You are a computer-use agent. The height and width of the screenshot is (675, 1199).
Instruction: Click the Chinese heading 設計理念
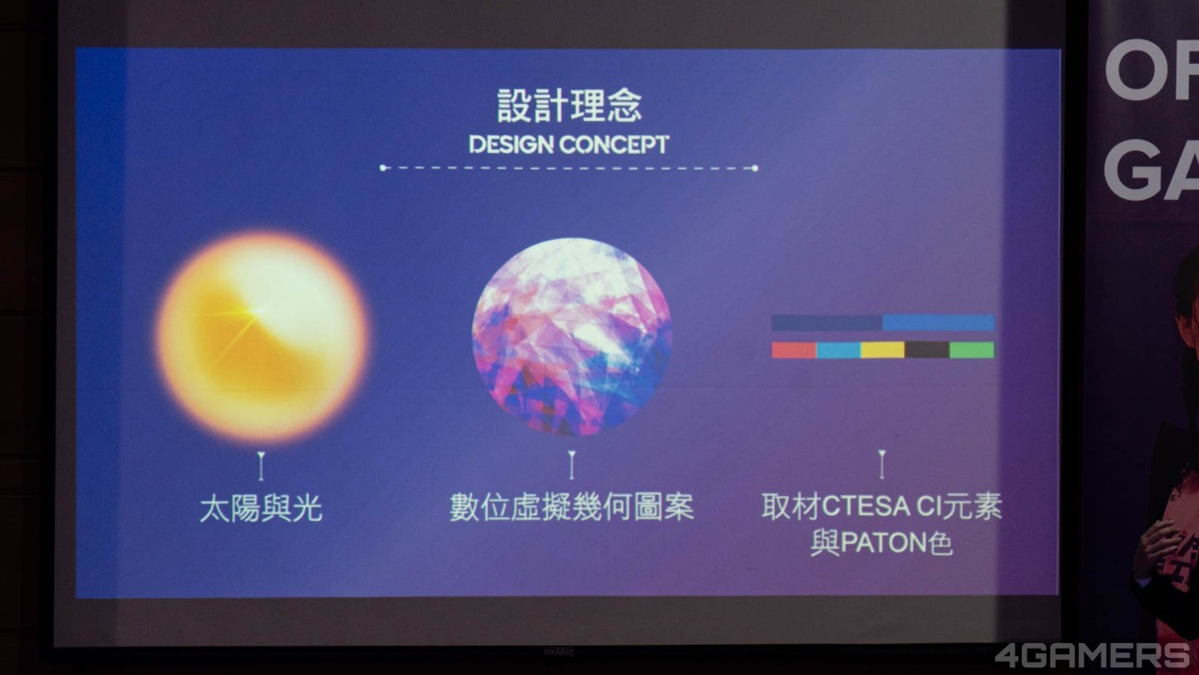coord(569,106)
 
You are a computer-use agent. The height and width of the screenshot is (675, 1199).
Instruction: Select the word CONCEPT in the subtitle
coord(614,144)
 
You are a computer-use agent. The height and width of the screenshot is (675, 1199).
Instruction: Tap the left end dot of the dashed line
coord(383,168)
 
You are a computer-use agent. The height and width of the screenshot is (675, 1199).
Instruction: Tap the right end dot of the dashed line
coord(755,168)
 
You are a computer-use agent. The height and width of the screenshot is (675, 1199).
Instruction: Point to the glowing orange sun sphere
coord(262,337)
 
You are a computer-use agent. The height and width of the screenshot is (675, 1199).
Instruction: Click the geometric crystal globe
coord(571,337)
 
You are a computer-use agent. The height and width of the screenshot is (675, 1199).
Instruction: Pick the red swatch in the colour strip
coord(793,350)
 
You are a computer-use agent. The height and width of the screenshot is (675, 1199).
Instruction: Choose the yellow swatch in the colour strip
coord(882,350)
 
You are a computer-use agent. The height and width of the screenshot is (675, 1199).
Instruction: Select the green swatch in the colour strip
coord(971,350)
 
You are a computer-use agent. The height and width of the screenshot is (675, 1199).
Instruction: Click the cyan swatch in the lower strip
coord(838,350)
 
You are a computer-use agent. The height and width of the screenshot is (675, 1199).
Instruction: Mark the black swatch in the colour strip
coord(927,350)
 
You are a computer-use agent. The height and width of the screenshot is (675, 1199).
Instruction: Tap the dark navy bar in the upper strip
coord(827,322)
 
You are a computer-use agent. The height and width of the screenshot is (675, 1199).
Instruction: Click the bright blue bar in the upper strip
coord(939,322)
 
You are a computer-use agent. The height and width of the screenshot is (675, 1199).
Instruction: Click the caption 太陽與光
coord(261,508)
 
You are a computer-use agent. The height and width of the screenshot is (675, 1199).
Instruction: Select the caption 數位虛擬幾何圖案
coord(571,507)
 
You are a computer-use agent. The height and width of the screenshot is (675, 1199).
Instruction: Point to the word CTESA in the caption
coord(866,506)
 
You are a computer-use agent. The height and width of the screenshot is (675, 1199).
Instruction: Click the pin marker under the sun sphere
coord(260,466)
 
